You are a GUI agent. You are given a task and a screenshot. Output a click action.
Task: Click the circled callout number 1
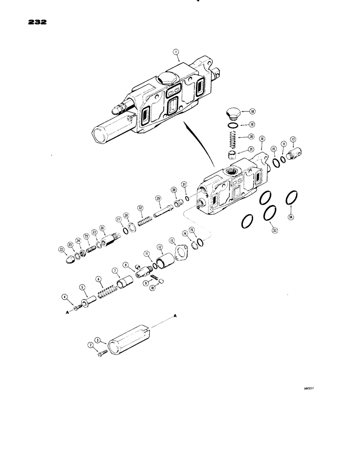coord(177,58)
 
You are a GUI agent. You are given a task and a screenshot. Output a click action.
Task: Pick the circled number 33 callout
coord(275,230)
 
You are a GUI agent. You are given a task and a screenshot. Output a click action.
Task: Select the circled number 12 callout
coord(160,247)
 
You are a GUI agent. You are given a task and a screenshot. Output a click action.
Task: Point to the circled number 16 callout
coord(262,139)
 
